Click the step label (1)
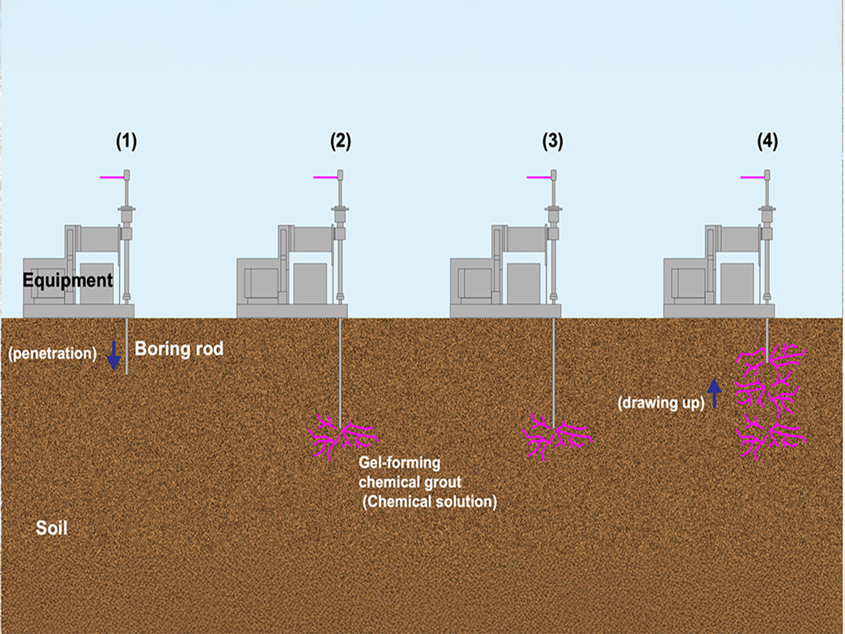[x=126, y=142]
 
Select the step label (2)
[x=340, y=142]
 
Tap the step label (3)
[x=553, y=142]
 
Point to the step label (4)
[x=767, y=142]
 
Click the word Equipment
[x=68, y=280]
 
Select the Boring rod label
[x=179, y=349]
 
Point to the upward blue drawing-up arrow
[x=715, y=393]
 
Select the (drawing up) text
[x=661, y=404]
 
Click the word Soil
[x=52, y=527]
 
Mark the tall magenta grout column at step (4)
[x=770, y=402]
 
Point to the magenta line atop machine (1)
[x=111, y=178]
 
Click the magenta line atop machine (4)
[x=751, y=178]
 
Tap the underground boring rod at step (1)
[x=127, y=346]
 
